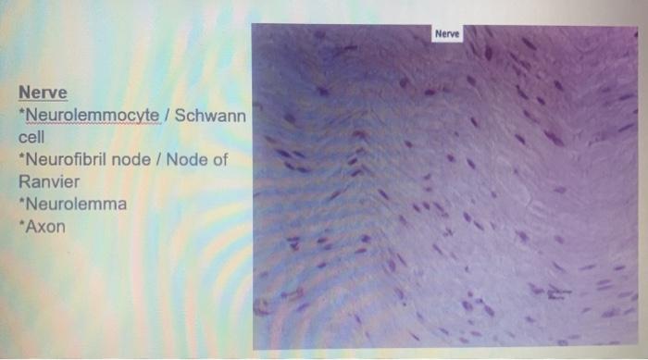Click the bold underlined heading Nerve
click(x=43, y=93)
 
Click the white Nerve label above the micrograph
click(x=448, y=34)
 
